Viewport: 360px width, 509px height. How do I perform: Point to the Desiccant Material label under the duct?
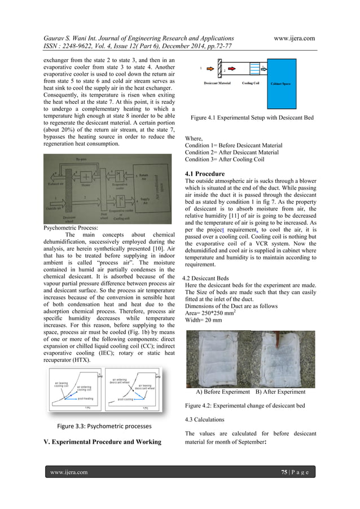pos(217,83)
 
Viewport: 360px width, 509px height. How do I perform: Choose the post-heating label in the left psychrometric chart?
pos(85,398)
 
